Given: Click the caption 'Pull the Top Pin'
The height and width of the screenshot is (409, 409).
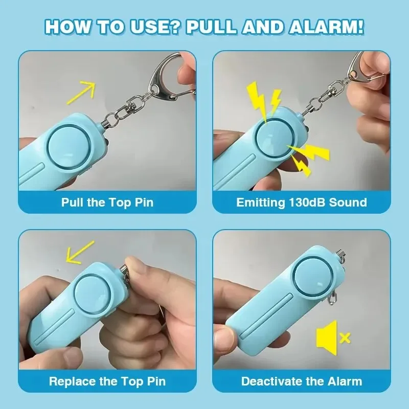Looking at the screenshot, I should coord(107,202).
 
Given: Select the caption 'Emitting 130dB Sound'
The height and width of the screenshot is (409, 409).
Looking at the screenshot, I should coord(302,202).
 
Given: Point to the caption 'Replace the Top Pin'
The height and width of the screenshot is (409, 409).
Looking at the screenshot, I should coord(107,381).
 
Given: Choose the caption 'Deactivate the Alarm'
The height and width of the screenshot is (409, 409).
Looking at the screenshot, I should coord(302,381).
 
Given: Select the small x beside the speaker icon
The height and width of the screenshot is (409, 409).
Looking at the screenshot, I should coord(345,337).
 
